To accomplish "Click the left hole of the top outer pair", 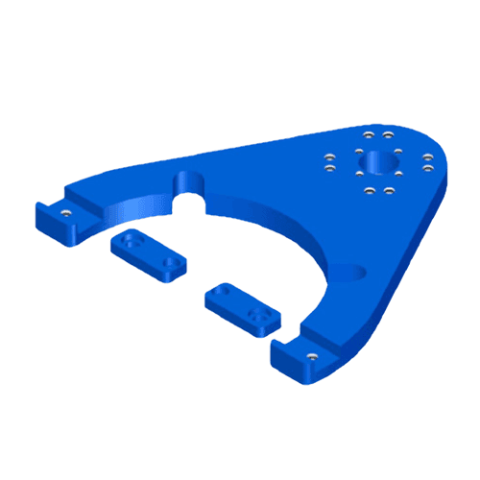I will (x=369, y=134).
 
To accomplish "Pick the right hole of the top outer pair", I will (x=388, y=134).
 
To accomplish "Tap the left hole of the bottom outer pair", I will (x=370, y=190).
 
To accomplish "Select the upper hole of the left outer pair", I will (x=329, y=156).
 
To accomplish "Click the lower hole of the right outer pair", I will (x=427, y=168).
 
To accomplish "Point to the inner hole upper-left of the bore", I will (x=359, y=151).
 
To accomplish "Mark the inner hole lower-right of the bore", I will (x=398, y=174).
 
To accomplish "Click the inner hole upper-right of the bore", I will (x=398, y=151).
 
